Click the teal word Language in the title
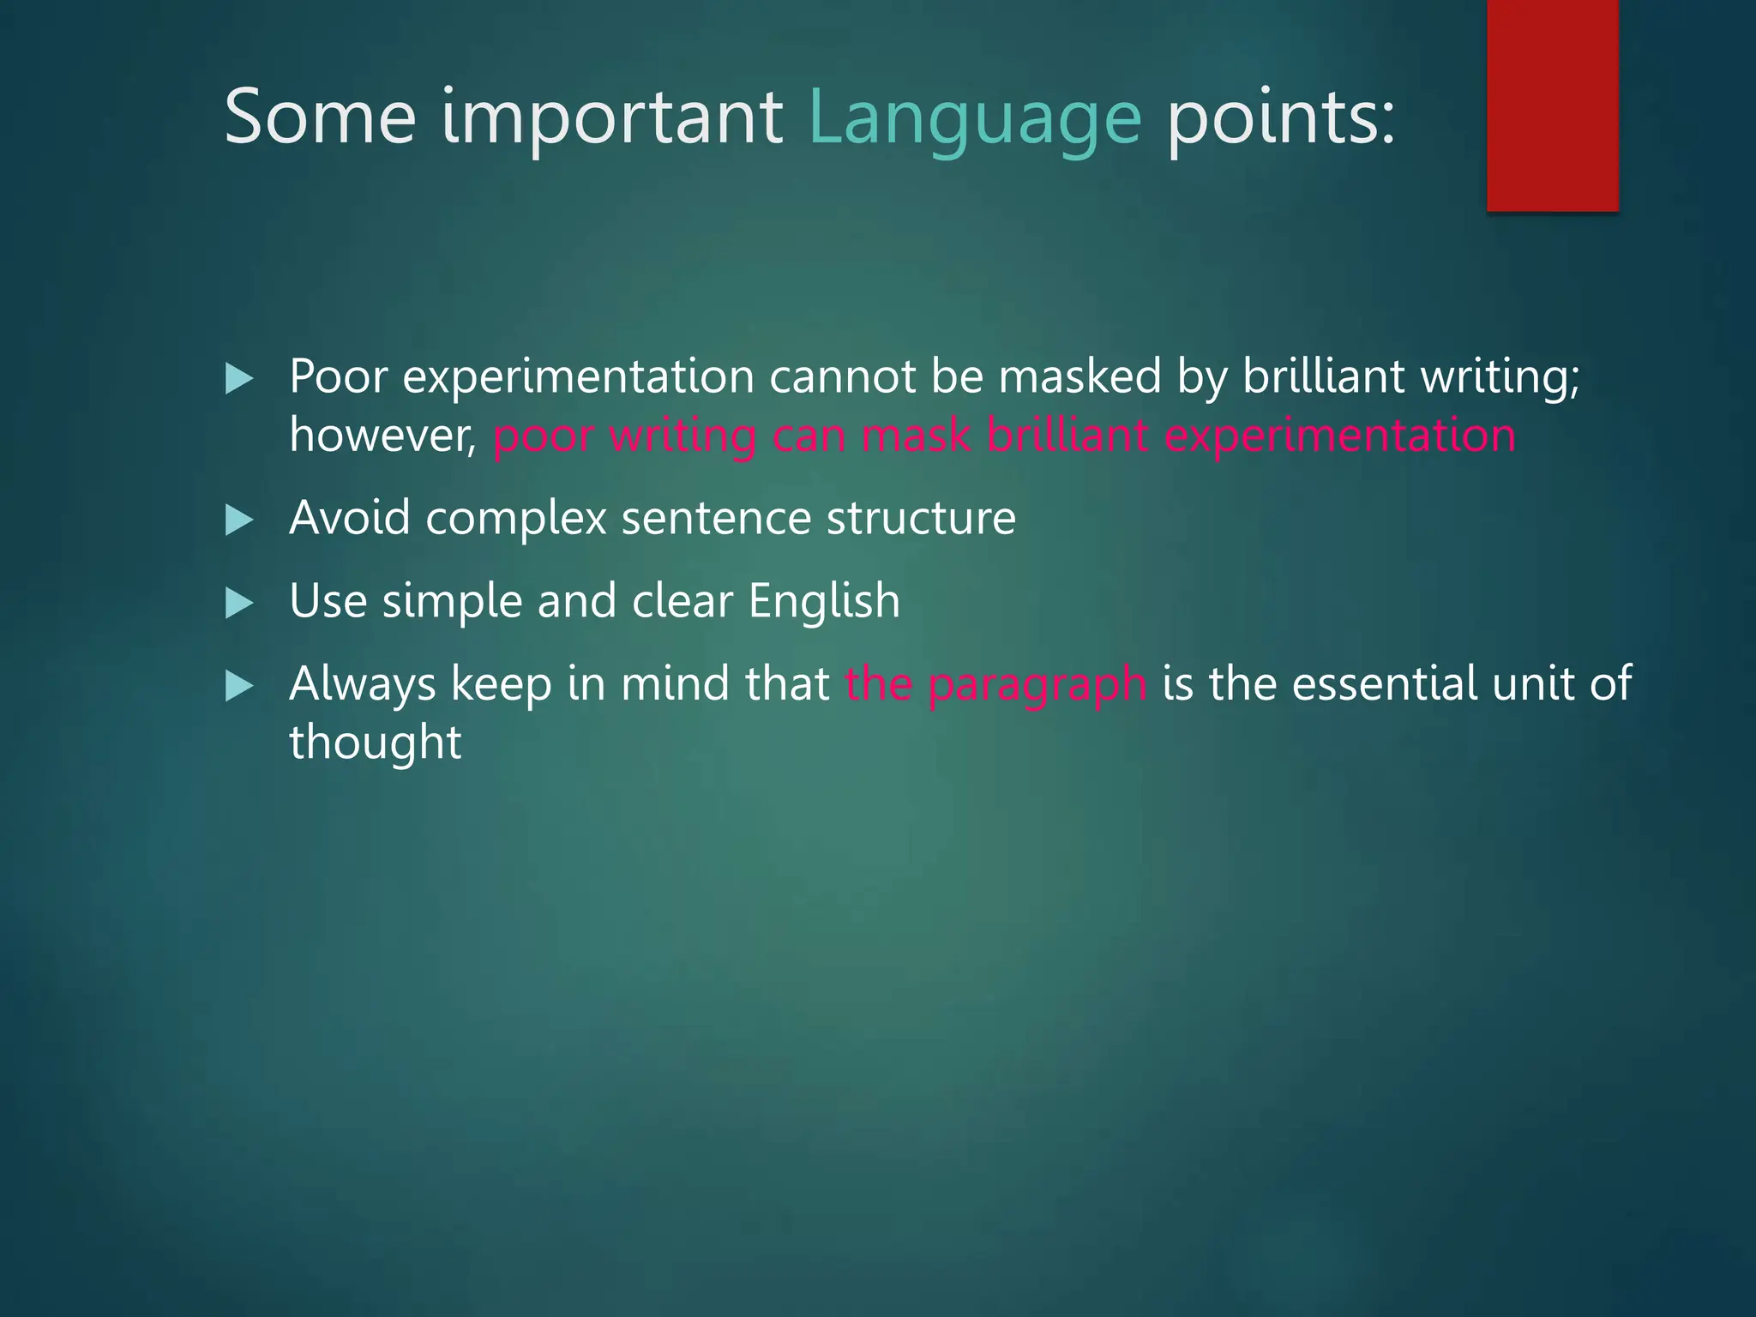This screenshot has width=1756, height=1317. [975, 117]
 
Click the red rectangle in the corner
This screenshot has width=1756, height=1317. [1552, 105]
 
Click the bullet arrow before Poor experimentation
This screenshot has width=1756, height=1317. [239, 378]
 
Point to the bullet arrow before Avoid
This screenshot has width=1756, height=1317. [239, 520]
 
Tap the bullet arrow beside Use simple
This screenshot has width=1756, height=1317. [239, 603]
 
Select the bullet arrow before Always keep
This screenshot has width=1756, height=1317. [239, 686]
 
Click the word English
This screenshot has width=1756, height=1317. [824, 600]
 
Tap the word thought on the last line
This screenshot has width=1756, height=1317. [375, 743]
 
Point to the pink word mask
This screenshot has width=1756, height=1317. [915, 436]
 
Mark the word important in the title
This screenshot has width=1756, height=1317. [611, 117]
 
